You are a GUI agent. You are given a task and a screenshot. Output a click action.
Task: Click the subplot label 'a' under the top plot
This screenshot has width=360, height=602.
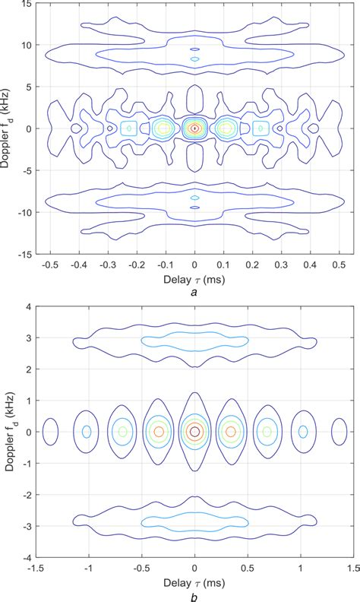(x=195, y=293)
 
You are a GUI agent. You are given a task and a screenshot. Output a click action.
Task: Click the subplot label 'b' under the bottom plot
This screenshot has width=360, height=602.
(x=195, y=596)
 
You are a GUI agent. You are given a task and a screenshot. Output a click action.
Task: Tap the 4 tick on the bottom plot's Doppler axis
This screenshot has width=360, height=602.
(x=28, y=308)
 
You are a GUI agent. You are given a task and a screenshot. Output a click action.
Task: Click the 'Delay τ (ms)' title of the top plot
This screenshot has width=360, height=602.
(x=194, y=279)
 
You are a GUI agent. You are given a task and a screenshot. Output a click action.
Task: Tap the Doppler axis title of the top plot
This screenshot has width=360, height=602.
(x=8, y=129)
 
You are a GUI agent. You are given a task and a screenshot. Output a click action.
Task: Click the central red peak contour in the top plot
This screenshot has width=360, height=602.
(x=195, y=128)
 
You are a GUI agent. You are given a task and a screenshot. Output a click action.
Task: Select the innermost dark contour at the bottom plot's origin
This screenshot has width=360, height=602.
(x=195, y=432)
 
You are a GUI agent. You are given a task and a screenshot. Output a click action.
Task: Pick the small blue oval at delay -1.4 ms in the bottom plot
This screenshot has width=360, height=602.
(x=50, y=432)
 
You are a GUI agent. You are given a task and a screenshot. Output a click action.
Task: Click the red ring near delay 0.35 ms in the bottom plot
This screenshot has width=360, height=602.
(x=232, y=432)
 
